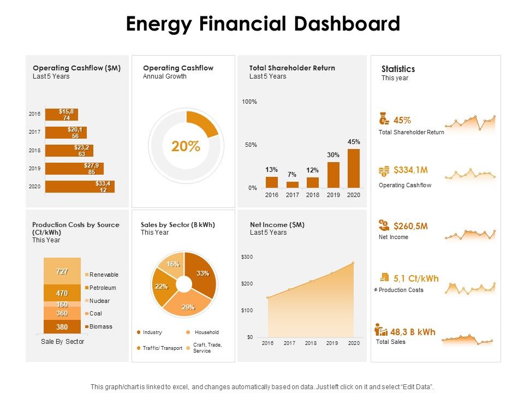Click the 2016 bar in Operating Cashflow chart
point(61,114)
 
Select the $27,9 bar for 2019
point(74,168)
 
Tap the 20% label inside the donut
point(186,147)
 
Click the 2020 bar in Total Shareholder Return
point(354,168)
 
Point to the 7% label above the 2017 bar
point(292,175)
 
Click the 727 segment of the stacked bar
point(62,271)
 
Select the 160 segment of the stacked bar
point(62,304)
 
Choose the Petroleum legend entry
point(102,288)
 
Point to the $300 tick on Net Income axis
point(247,257)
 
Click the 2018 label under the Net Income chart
point(311,343)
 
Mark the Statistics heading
point(398,69)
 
